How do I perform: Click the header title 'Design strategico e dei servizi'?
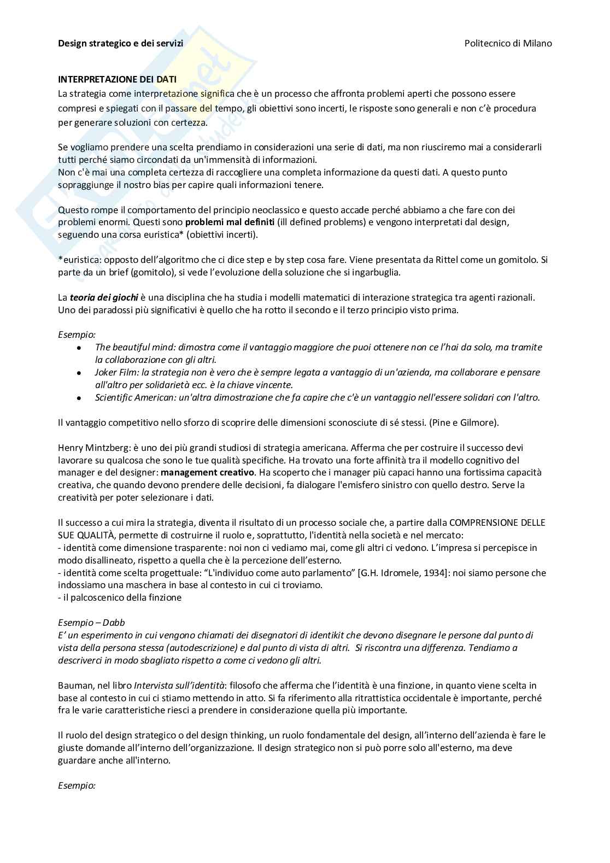coord(120,43)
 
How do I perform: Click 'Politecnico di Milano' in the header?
coord(508,43)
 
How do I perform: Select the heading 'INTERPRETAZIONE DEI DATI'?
coord(117,80)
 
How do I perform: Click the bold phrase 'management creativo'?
coord(208,472)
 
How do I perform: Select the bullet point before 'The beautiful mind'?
coord(79,348)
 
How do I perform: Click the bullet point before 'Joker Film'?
coord(79,373)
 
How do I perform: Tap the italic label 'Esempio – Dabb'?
coord(91,623)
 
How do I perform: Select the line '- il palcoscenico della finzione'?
coord(120,597)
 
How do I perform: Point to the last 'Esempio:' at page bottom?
coord(77,785)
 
